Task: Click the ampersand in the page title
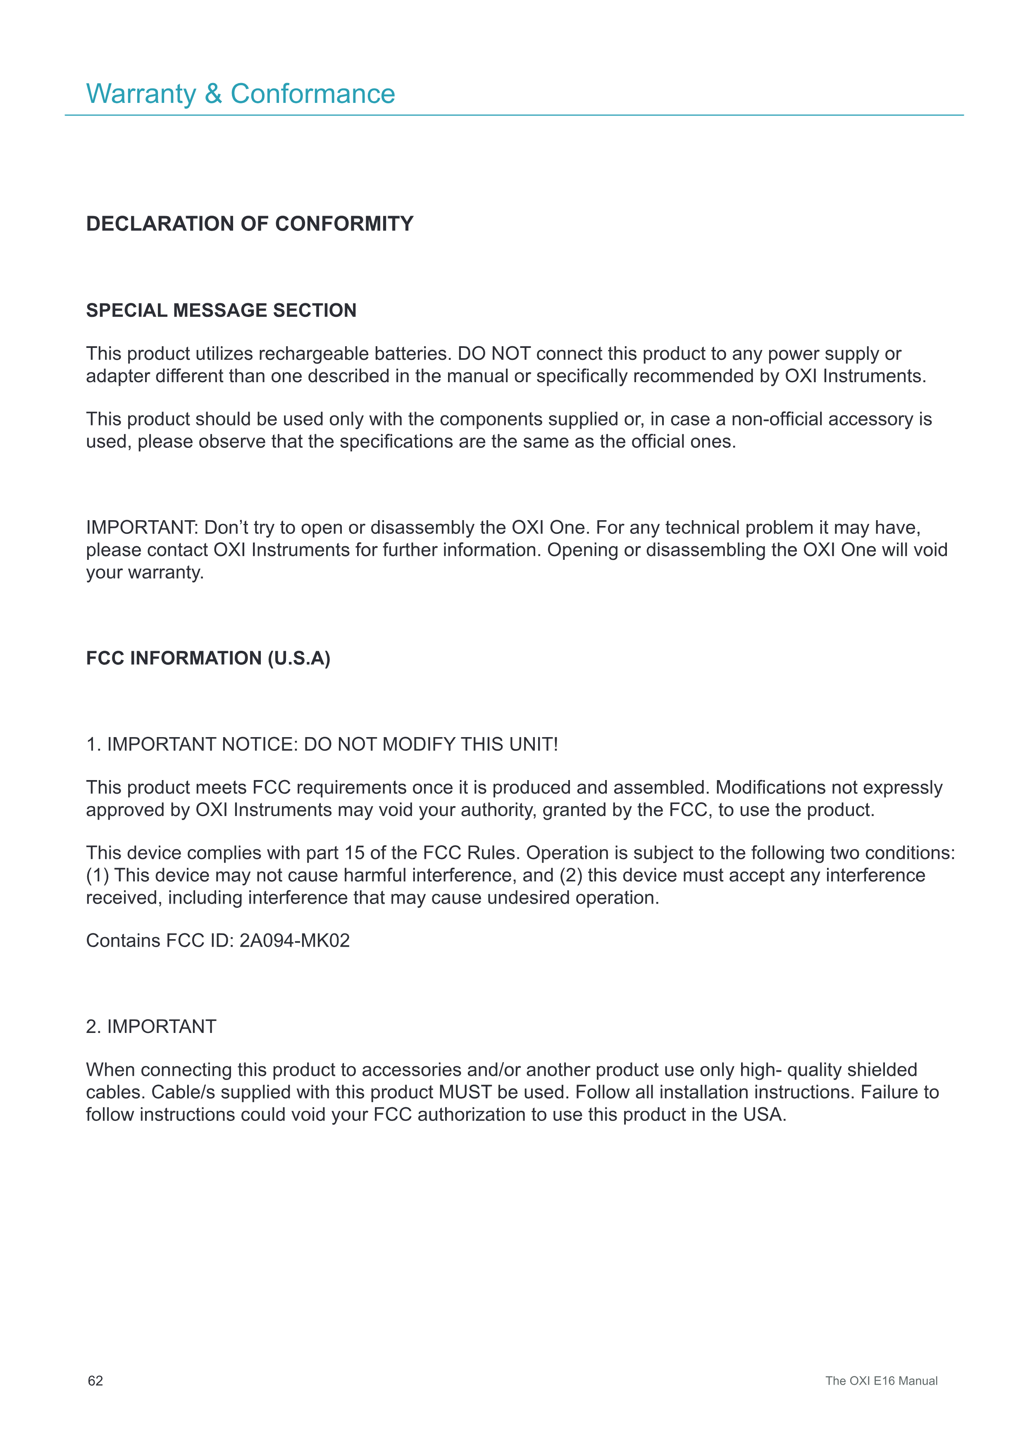point(213,94)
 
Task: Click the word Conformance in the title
point(312,94)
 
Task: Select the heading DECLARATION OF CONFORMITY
point(249,224)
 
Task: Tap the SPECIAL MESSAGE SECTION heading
point(221,311)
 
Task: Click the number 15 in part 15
point(354,853)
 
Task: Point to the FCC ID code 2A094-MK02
point(294,941)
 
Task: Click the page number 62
point(95,1381)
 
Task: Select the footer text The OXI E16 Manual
point(881,1381)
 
